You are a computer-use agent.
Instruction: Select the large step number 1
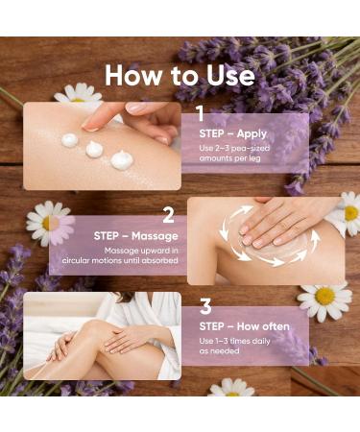pos(200,113)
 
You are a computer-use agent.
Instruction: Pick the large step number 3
pos(205,307)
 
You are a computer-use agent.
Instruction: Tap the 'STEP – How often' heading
pos(244,326)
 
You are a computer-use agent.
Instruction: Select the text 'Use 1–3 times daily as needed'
pos(234,347)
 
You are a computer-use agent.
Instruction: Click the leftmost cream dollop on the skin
pos(70,140)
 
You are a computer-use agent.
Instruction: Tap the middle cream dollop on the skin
pos(94,149)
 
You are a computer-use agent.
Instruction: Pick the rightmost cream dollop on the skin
pos(122,159)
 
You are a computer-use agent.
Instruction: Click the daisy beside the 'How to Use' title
pos(78,94)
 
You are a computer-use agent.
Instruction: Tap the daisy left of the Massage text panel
pos(48,223)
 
